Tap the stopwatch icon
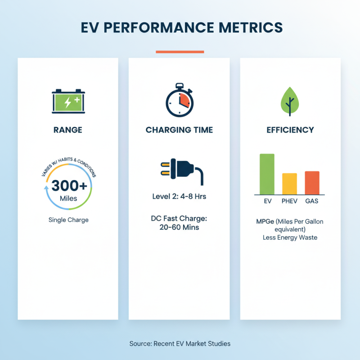point(179,101)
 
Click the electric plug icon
point(179,171)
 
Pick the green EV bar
point(266,174)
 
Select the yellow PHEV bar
point(289,184)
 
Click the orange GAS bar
point(312,183)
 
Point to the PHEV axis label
point(289,201)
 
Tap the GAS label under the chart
point(312,201)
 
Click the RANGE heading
point(68,130)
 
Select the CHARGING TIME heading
point(179,130)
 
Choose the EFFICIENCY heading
point(290,130)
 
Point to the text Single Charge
point(68,220)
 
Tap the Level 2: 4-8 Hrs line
point(179,197)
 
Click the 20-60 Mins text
point(179,227)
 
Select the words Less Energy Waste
point(290,237)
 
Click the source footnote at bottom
point(180,343)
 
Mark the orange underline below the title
point(180,52)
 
